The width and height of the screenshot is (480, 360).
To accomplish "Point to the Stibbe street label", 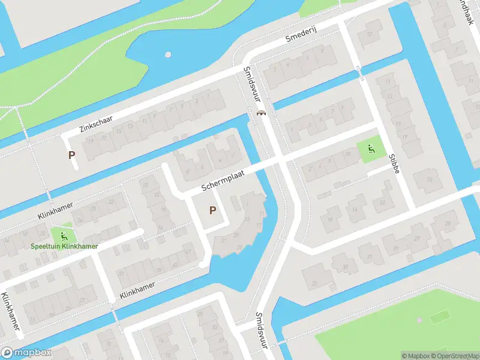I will [394, 163].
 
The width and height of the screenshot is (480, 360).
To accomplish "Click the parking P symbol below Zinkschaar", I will [72, 155].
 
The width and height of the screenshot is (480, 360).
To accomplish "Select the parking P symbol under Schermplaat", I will [212, 210].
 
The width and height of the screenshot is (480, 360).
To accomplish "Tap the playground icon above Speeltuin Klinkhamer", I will [64, 235].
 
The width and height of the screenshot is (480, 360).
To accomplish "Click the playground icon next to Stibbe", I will [370, 148].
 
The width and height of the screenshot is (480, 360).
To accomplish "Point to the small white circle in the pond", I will [168, 55].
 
